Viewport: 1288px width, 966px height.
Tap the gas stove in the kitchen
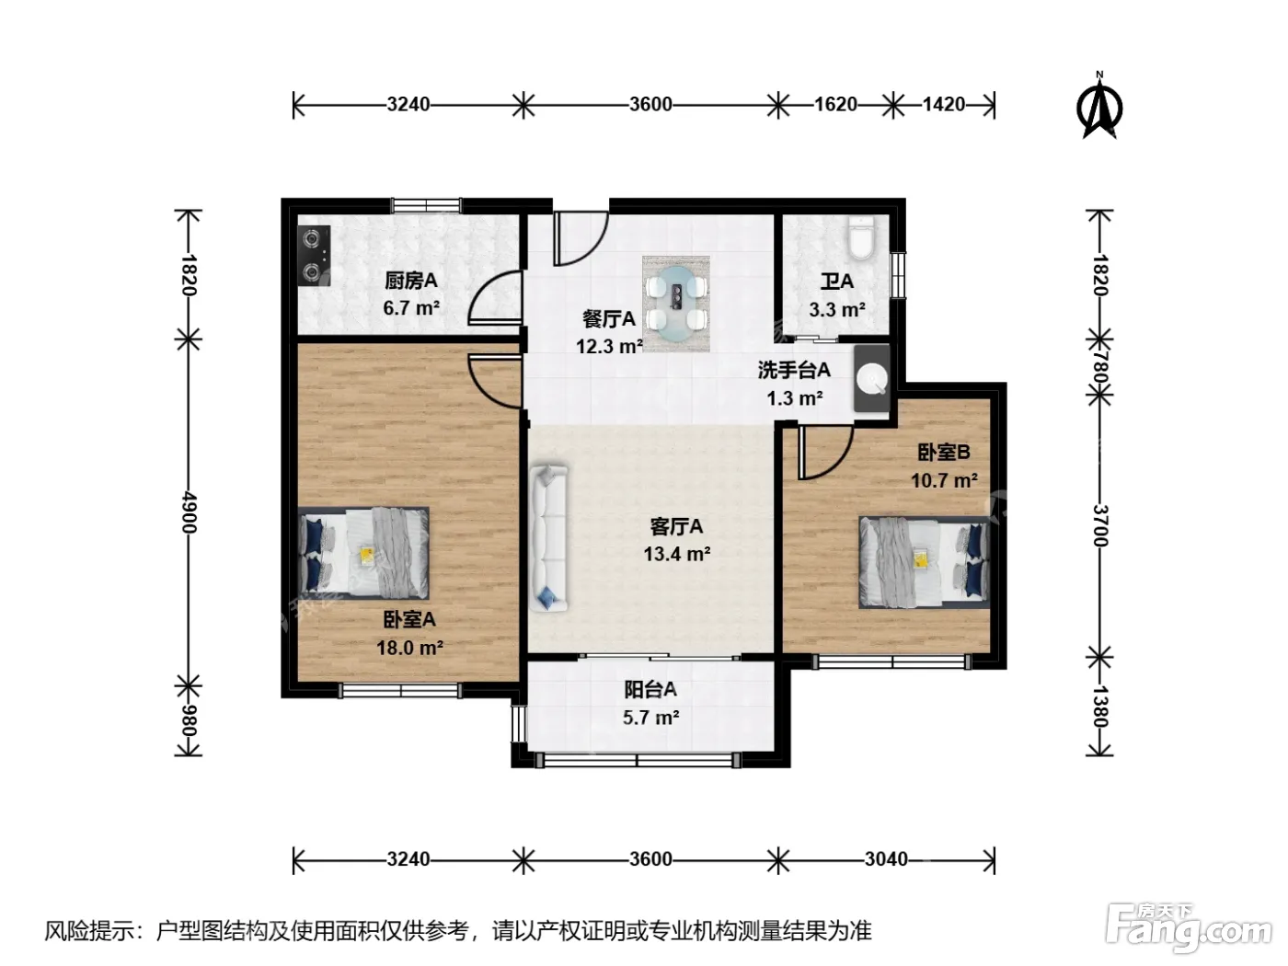tap(314, 256)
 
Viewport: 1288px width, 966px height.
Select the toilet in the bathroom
tap(861, 237)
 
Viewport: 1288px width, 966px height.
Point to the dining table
tap(676, 304)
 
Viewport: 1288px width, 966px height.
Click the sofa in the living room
tap(549, 537)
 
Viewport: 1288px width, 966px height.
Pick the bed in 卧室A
tap(363, 553)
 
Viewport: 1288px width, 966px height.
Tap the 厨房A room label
tap(410, 281)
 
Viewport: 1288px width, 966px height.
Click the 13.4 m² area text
tap(676, 553)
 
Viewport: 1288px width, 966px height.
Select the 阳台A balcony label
tap(650, 689)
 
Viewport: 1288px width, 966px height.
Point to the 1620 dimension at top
tap(835, 104)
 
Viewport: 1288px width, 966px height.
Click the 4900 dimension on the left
tap(189, 512)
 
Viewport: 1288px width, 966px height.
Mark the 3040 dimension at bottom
tap(886, 859)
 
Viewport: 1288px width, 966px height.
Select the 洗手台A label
tap(794, 370)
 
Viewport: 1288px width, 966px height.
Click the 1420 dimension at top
tap(944, 104)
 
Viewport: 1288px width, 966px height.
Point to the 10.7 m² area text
tap(944, 480)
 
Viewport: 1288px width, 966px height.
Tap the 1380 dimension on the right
tap(1099, 707)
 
